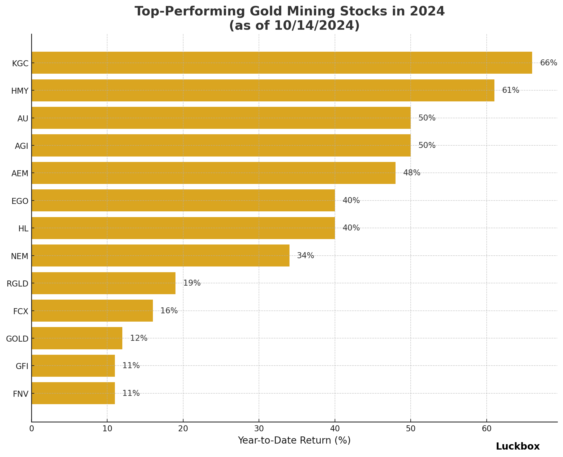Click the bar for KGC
click(281, 63)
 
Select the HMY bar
click(263, 90)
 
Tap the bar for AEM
click(213, 173)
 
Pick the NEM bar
click(160, 256)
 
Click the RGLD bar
click(103, 283)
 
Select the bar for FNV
click(73, 393)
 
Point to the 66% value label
click(548, 63)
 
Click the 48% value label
click(412, 173)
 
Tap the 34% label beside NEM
click(306, 256)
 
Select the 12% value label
click(139, 338)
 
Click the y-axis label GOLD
click(17, 339)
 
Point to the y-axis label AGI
click(21, 146)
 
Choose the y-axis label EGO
click(20, 201)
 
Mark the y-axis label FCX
click(21, 311)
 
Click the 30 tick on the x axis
click(259, 429)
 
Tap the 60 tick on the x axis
click(486, 429)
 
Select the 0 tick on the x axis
click(31, 429)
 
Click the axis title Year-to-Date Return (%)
click(294, 440)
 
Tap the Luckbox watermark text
click(518, 446)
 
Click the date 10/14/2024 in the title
click(312, 26)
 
